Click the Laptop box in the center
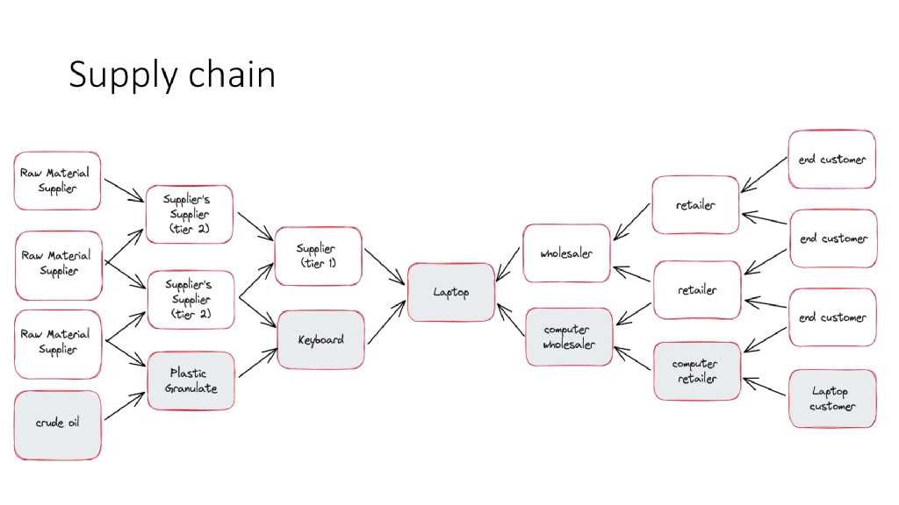[450, 292]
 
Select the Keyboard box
[320, 339]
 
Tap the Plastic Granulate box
[191, 381]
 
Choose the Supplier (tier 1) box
[317, 256]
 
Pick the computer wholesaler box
[568, 337]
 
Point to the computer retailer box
[696, 371]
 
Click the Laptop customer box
[831, 398]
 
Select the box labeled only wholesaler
[566, 253]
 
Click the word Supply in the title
[121, 76]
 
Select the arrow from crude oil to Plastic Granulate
[125, 406]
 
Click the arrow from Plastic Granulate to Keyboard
[257, 362]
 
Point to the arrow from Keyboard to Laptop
[387, 321]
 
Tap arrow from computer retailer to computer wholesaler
[633, 355]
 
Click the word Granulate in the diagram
[191, 388]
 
